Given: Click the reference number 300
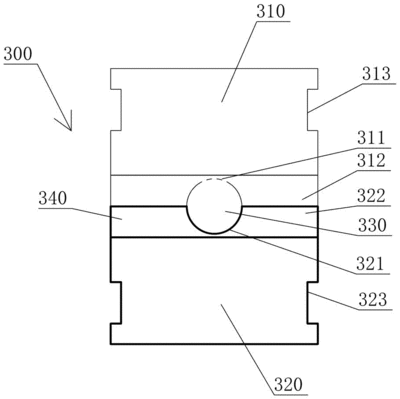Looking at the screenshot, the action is coord(18,54).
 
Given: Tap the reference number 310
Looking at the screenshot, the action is coord(271,12).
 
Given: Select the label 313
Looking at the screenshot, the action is coord(376,74).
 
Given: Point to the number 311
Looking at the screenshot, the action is coord(371,138).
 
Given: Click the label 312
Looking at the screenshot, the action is coord(371,161).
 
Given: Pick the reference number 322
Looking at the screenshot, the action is coord(371,196).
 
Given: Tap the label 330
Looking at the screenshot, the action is coord(372,226).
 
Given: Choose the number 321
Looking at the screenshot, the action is coord(371,264).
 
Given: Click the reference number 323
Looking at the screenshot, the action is coord(373,300).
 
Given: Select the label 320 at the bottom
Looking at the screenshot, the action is coord(288,385).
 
